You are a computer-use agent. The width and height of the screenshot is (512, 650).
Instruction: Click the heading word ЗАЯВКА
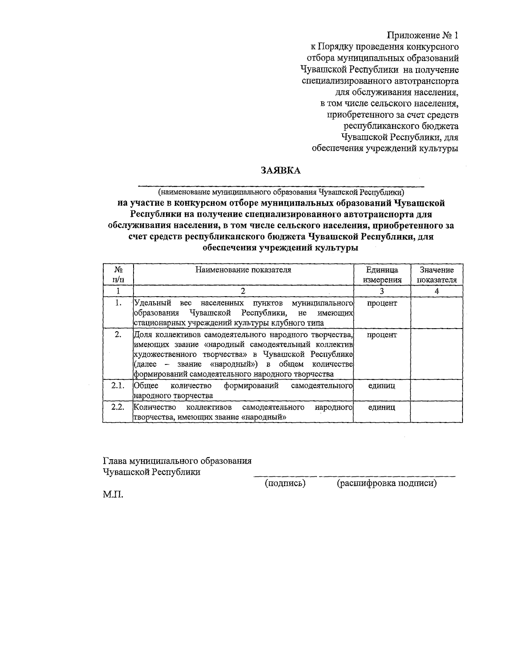point(281,171)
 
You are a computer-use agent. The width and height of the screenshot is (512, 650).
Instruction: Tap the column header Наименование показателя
point(243,270)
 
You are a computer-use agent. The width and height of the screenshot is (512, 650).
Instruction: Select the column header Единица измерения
point(382,275)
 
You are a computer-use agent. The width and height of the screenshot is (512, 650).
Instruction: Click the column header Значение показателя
point(436,275)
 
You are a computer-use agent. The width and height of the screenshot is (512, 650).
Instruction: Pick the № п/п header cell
point(118,275)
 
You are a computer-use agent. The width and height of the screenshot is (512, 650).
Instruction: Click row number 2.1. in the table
point(118,385)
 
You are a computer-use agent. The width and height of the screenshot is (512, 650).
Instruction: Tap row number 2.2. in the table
point(118,407)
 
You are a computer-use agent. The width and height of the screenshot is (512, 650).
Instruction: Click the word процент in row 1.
point(382,303)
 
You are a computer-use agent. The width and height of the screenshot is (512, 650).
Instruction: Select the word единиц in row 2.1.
point(381,385)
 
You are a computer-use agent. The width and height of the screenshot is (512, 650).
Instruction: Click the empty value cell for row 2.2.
point(436,411)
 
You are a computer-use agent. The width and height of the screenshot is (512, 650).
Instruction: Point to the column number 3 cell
point(382,291)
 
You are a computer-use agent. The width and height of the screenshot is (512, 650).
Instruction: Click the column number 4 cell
point(436,291)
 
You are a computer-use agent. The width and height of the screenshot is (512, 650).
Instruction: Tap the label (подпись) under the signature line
point(285,483)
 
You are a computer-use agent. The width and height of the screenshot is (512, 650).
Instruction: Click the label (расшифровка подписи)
point(387,483)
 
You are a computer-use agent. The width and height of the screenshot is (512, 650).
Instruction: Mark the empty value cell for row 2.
point(436,354)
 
